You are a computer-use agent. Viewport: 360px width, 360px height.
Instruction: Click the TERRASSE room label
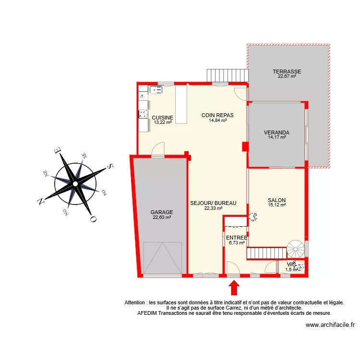pyautogui.click(x=288, y=72)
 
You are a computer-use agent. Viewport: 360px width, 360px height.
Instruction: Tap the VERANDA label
pyautogui.click(x=276, y=132)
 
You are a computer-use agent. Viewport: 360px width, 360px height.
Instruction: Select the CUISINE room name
pyautogui.click(x=163, y=118)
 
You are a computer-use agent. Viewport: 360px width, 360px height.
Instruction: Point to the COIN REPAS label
pyautogui.click(x=217, y=115)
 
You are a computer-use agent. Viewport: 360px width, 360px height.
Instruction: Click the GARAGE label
pyautogui.click(x=162, y=212)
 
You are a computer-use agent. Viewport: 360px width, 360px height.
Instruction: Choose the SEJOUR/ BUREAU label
pyautogui.click(x=213, y=203)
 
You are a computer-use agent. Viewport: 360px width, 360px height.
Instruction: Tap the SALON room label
pyautogui.click(x=277, y=201)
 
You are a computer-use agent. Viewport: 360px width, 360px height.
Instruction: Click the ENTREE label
pyautogui.click(x=237, y=238)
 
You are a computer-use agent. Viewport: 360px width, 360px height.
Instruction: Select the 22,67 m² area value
pyautogui.click(x=287, y=76)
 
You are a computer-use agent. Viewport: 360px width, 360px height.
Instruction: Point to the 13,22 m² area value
pyautogui.click(x=163, y=122)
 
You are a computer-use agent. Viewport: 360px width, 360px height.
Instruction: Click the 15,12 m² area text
pyautogui.click(x=277, y=205)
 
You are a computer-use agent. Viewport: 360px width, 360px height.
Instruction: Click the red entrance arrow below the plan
pyautogui.click(x=234, y=288)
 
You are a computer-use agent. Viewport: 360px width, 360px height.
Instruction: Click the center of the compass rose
pyautogui.click(x=75, y=183)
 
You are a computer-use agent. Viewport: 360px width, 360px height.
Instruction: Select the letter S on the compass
pyautogui.click(x=110, y=166)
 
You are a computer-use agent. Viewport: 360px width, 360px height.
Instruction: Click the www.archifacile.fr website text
pyautogui.click(x=330, y=325)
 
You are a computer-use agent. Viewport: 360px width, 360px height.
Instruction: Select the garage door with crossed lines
pyautogui.click(x=162, y=258)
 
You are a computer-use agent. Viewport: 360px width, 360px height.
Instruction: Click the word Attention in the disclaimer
pyautogui.click(x=136, y=303)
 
